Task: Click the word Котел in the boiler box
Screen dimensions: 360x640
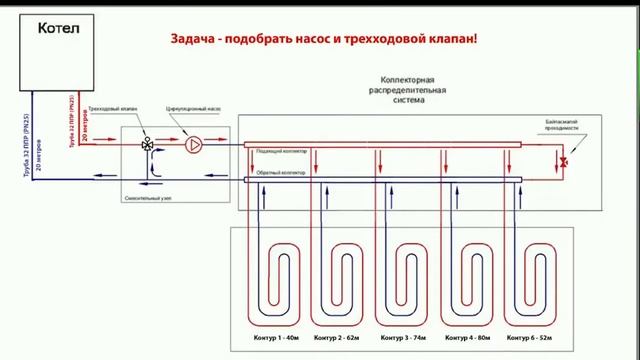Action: coord(57,30)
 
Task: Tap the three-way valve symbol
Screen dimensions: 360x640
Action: coord(148,144)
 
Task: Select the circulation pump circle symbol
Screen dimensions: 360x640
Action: coord(194,144)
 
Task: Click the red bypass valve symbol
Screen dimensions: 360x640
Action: coord(564,161)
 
